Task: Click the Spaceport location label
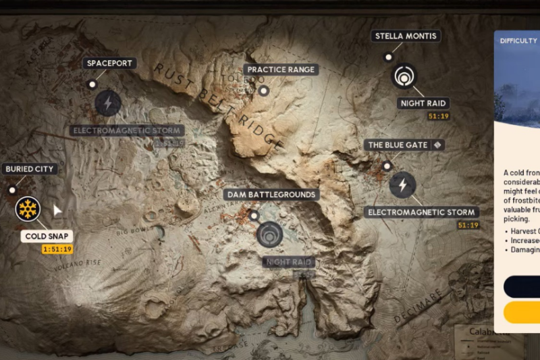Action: pos(111,63)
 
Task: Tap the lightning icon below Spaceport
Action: pos(108,103)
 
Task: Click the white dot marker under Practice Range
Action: pos(264,91)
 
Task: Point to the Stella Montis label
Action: pos(405,36)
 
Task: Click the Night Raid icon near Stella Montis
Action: pos(404,76)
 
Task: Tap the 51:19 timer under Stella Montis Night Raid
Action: pos(439,117)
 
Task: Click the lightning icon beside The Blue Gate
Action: pos(403,184)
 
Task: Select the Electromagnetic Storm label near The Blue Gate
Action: pos(422,213)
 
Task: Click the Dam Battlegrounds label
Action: pos(271,195)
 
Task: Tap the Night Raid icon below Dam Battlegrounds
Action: pos(271,235)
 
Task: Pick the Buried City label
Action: pos(29,169)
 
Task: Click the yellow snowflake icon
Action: pos(28,209)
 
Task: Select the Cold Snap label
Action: pos(47,236)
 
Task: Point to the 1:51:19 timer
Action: pos(57,249)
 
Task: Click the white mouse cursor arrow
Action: pos(57,211)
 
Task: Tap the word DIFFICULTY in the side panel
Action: pos(518,41)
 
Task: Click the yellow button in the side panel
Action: pos(522,312)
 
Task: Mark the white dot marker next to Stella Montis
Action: pos(388,57)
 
